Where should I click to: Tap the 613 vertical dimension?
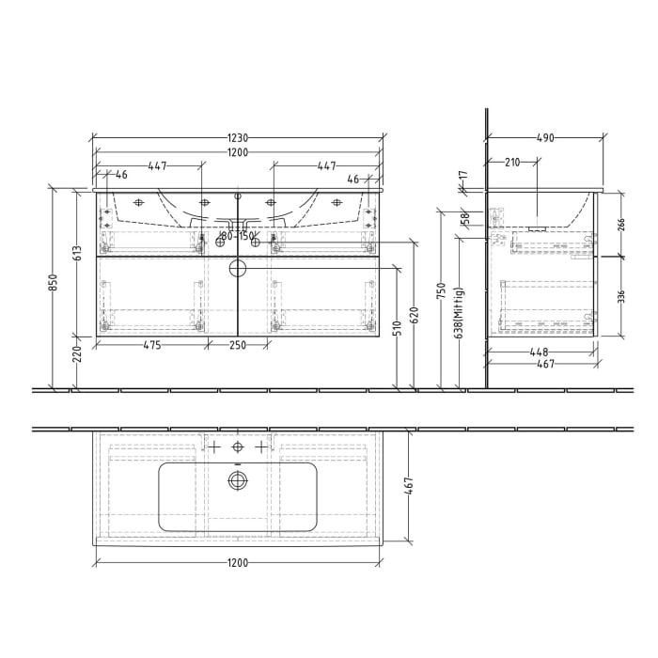coord(79,252)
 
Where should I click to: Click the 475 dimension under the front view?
coord(151,345)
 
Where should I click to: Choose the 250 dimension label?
coord(238,345)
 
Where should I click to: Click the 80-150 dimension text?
coord(238,236)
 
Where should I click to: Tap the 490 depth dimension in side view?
coord(545,137)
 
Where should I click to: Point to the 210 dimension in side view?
coord(512,163)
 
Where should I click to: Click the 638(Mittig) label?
coord(457,312)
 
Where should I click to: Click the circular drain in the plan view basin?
coord(238,481)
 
